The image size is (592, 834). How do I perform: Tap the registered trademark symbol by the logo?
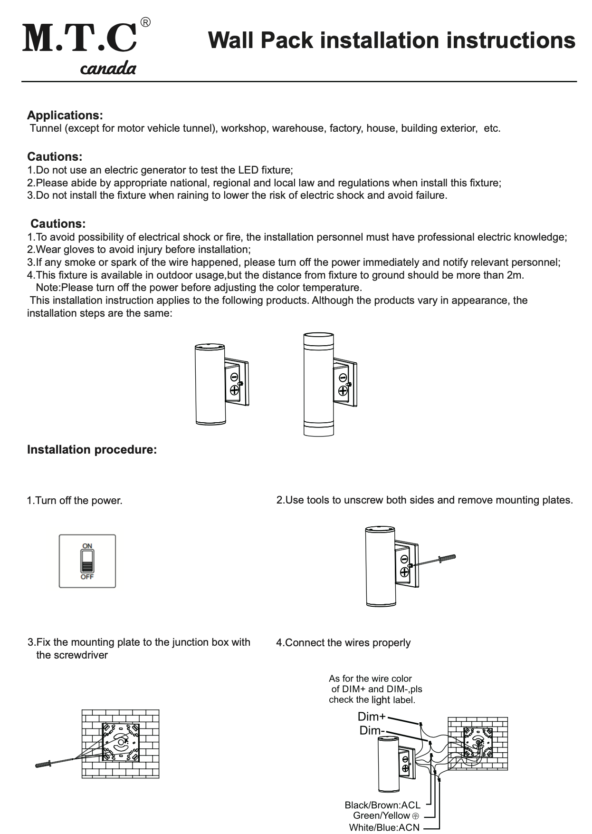(146, 22)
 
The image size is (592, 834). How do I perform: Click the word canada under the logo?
(108, 69)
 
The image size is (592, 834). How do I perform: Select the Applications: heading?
(65, 116)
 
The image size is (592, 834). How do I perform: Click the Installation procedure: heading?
(92, 450)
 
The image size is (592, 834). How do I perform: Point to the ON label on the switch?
(87, 546)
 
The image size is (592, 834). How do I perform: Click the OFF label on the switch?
(87, 577)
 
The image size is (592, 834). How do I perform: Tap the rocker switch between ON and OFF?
(87, 562)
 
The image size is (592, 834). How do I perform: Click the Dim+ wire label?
(372, 717)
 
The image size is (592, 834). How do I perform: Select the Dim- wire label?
(372, 730)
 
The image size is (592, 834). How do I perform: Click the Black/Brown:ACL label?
(382, 805)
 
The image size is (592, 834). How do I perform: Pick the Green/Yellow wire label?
(382, 816)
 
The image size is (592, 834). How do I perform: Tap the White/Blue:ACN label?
(384, 828)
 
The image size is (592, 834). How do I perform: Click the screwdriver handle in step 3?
(44, 765)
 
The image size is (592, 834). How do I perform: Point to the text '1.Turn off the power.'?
(75, 501)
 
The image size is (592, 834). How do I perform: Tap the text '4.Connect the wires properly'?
(344, 643)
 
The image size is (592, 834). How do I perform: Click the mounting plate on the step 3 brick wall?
(121, 742)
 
